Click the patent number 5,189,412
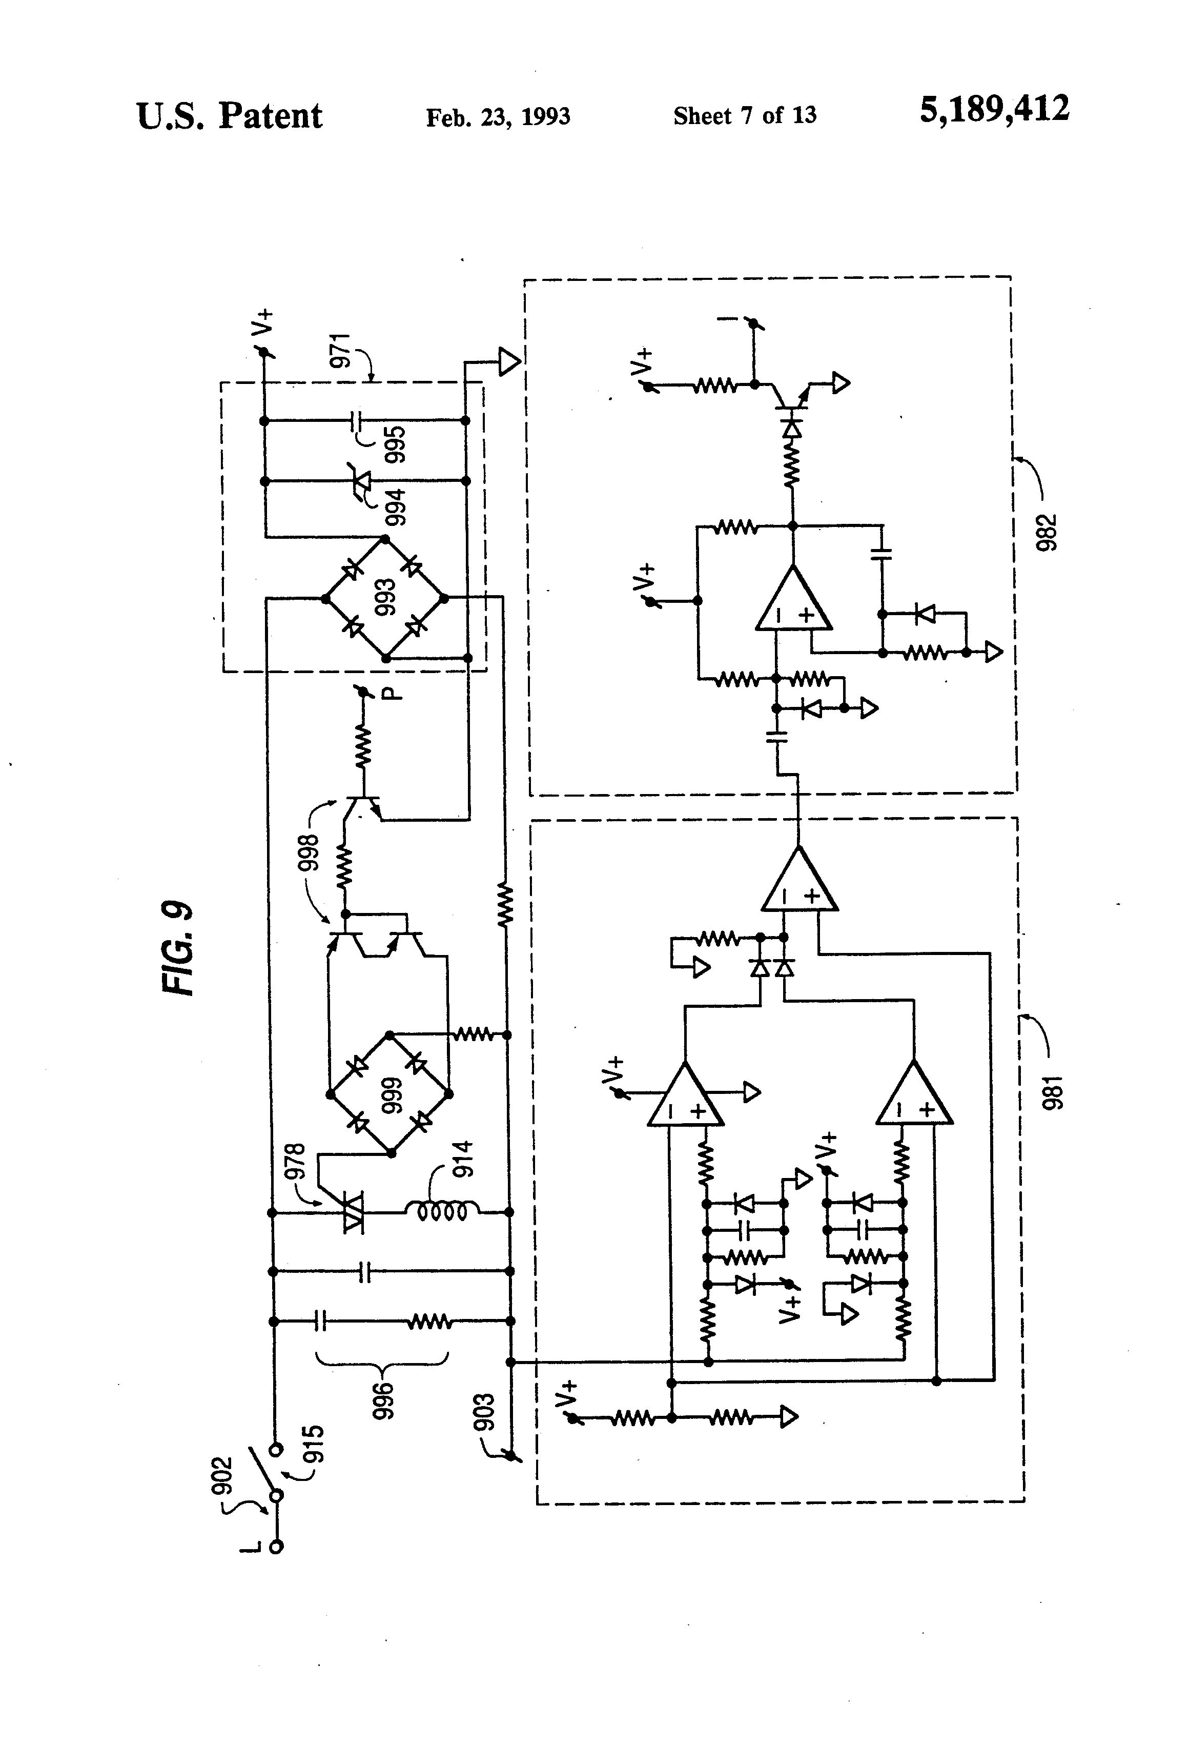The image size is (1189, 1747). pos(994,110)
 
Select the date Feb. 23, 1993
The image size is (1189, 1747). pos(498,116)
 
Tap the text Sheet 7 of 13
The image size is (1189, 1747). pos(744,115)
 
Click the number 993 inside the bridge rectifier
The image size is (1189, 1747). pos(385,598)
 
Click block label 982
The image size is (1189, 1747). pos(1046,532)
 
